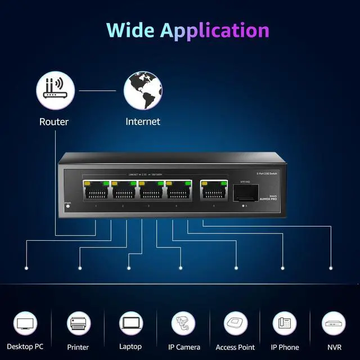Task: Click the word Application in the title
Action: click(214, 31)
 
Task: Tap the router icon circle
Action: click(55, 91)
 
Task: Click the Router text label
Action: click(54, 121)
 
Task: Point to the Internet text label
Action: click(143, 121)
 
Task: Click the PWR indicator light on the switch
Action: click(68, 205)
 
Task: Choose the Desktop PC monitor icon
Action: click(26, 324)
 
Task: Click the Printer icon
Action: click(78, 324)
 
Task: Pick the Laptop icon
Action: click(130, 324)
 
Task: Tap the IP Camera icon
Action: click(183, 324)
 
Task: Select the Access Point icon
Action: click(236, 324)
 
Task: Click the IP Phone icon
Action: click(285, 324)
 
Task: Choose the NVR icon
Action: click(334, 324)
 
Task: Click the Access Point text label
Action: click(235, 348)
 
